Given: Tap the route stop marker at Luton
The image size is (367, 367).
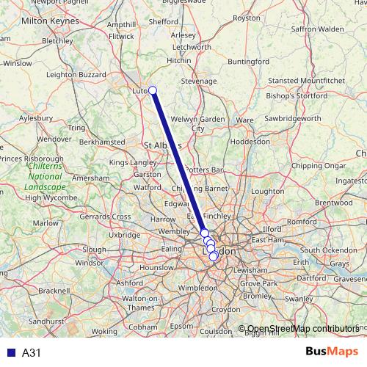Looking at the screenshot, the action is [x=153, y=90].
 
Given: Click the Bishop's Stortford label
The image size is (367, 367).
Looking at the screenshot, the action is [x=297, y=96].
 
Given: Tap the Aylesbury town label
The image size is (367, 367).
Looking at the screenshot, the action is [x=36, y=117].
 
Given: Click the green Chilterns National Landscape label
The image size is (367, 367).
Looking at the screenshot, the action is [x=45, y=177].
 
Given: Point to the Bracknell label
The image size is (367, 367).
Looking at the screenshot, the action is [x=54, y=291].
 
